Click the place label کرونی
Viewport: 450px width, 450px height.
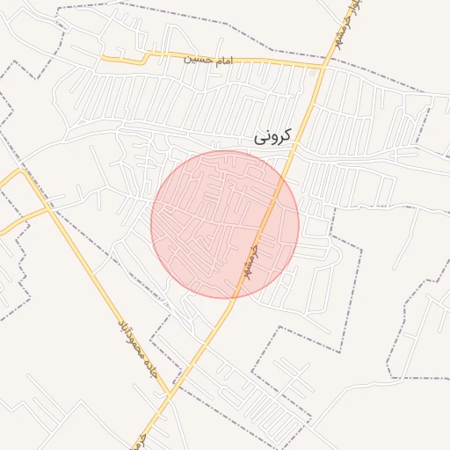[x=272, y=137]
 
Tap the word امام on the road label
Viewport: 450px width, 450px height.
[x=220, y=59]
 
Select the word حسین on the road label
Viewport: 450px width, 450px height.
[x=197, y=59]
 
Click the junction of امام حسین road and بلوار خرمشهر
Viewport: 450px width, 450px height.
[x=323, y=65]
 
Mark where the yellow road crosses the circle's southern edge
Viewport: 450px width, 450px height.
[x=233, y=298]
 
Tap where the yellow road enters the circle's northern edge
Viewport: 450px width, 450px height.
[x=286, y=175]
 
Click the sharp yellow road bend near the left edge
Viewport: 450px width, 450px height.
[x=24, y=171]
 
